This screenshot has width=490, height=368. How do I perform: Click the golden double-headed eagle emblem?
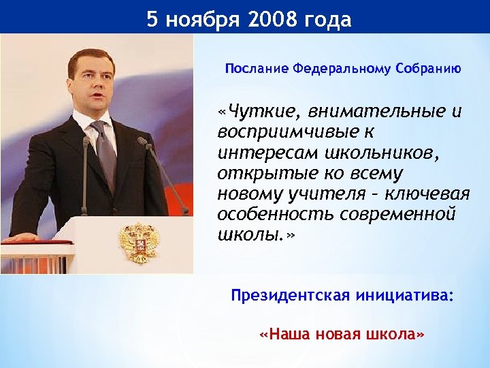pyautogui.click(x=138, y=242)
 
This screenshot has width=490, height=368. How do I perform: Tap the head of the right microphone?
pyautogui.click(x=142, y=141)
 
